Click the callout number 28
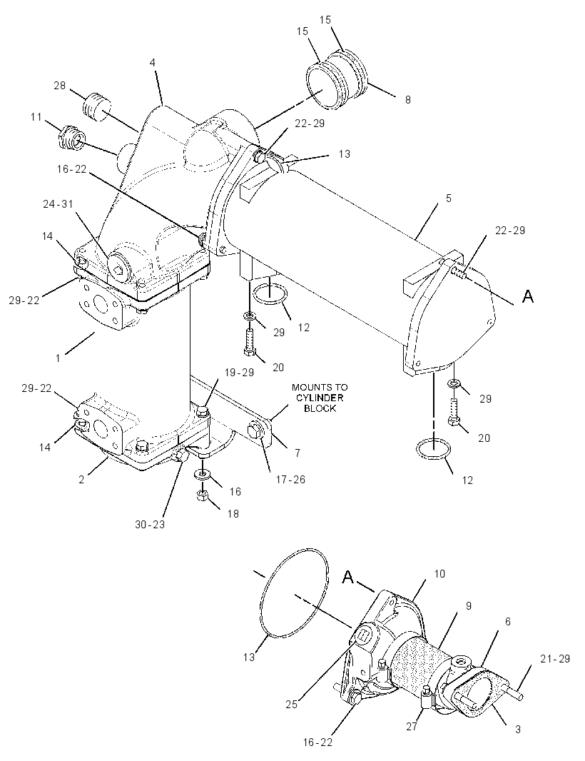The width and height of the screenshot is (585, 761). (60, 86)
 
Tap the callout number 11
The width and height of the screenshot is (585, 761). (36, 117)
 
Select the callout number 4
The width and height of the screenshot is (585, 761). (152, 63)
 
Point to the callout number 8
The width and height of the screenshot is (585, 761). (408, 99)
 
